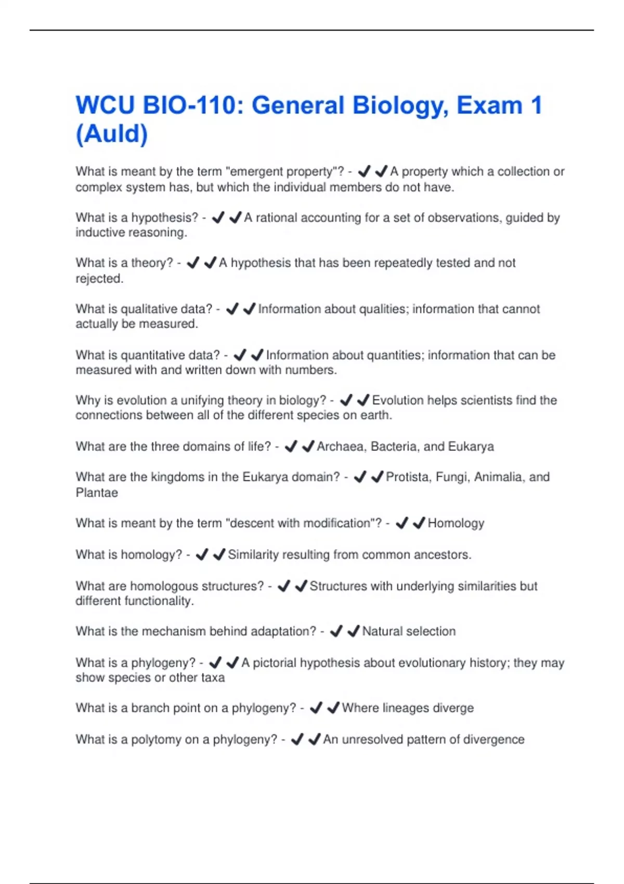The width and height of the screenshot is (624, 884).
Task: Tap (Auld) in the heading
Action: [112, 134]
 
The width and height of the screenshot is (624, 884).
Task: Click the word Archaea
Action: [340, 447]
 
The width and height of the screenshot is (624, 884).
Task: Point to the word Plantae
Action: [97, 492]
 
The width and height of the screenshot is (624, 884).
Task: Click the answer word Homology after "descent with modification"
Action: [456, 523]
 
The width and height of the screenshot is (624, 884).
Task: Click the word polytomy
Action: [156, 739]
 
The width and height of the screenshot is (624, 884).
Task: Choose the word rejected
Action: [99, 279]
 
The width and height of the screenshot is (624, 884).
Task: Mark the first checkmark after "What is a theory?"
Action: [193, 263]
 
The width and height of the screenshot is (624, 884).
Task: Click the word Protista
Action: [408, 477]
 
